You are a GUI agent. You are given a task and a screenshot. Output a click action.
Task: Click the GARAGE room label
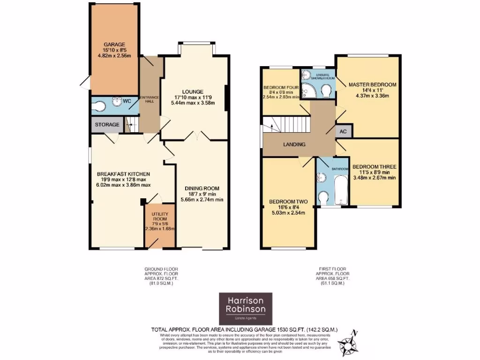click(x=114, y=45)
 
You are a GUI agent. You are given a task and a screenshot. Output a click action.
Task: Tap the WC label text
click(x=127, y=101)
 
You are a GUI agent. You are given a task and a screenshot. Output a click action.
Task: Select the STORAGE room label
click(x=107, y=125)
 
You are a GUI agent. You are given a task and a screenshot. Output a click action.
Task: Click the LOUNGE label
click(x=193, y=91)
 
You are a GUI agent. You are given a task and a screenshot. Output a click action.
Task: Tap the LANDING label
click(x=294, y=144)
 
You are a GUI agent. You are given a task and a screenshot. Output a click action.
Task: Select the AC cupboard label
click(x=342, y=132)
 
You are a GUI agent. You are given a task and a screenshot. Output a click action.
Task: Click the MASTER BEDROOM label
click(x=372, y=85)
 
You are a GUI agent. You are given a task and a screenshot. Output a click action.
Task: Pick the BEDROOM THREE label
click(x=374, y=166)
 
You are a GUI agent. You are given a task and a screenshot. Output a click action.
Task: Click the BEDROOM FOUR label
click(x=281, y=88)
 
